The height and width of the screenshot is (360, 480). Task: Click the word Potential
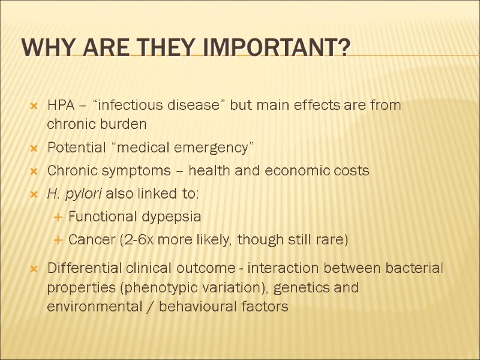click(74, 148)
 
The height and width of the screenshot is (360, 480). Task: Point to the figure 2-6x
click(139, 240)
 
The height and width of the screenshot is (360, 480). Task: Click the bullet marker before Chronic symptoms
click(34, 172)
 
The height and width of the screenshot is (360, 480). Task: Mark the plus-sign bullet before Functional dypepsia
click(58, 217)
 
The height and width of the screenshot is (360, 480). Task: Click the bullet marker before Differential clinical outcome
click(34, 268)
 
